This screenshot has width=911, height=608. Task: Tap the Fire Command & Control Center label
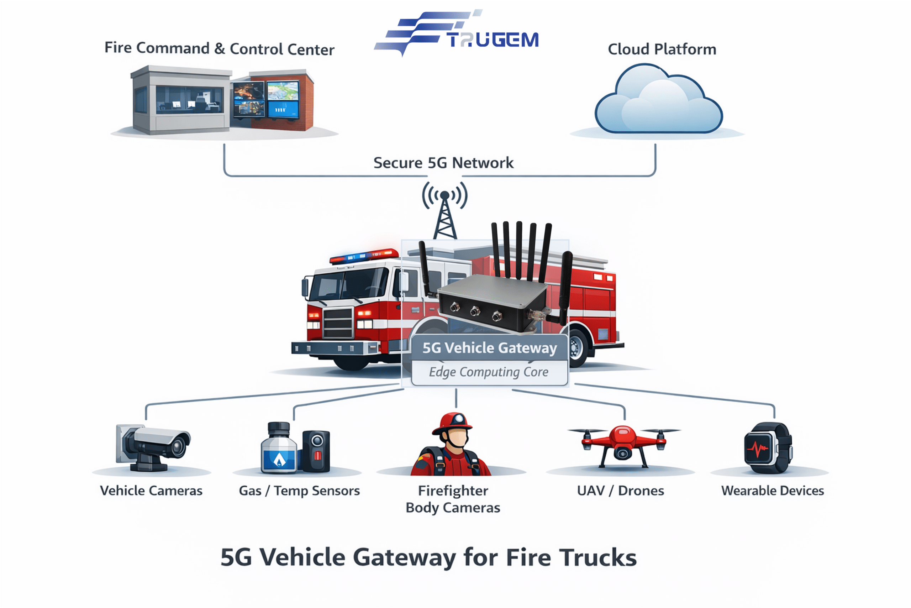click(x=220, y=49)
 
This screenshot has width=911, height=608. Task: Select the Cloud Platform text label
click(x=662, y=49)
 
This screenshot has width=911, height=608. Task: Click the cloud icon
click(x=658, y=101)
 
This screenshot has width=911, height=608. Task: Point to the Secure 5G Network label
click(x=443, y=163)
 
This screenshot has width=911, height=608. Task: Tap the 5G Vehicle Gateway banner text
click(x=489, y=348)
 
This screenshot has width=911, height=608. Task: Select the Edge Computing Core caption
click(x=489, y=372)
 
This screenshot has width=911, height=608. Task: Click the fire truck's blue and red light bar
click(x=364, y=256)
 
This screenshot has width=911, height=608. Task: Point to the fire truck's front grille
click(x=338, y=322)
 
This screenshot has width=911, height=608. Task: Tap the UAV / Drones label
click(x=620, y=491)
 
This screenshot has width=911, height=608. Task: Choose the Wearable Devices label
click(x=772, y=491)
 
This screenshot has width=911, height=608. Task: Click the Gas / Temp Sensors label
click(x=299, y=491)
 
